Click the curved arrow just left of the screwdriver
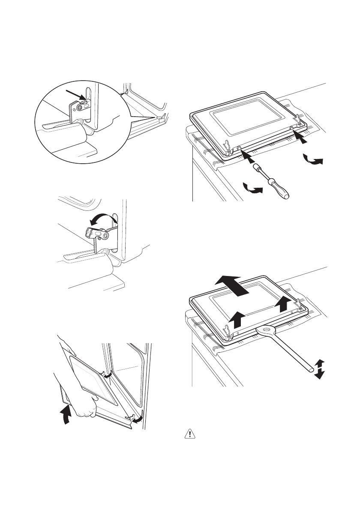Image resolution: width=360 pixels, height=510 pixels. click(x=252, y=189)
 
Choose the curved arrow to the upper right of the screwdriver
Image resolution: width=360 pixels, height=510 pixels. click(x=312, y=160)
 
